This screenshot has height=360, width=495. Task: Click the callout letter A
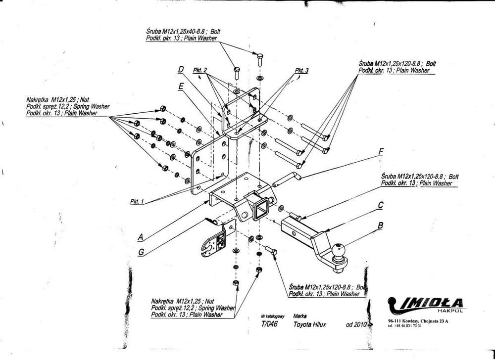click(x=140, y=237)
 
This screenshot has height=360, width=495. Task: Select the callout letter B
click(x=380, y=226)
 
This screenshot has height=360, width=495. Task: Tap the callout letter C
click(x=381, y=205)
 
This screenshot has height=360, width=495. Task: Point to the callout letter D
click(x=181, y=71)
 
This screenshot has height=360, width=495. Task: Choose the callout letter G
click(x=141, y=252)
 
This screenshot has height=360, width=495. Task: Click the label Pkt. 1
click(x=137, y=202)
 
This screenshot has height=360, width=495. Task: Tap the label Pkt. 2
click(x=200, y=71)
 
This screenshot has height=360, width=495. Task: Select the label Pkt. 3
click(x=301, y=71)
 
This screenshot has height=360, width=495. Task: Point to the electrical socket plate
click(x=214, y=240)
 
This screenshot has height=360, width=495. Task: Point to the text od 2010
click(x=356, y=325)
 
